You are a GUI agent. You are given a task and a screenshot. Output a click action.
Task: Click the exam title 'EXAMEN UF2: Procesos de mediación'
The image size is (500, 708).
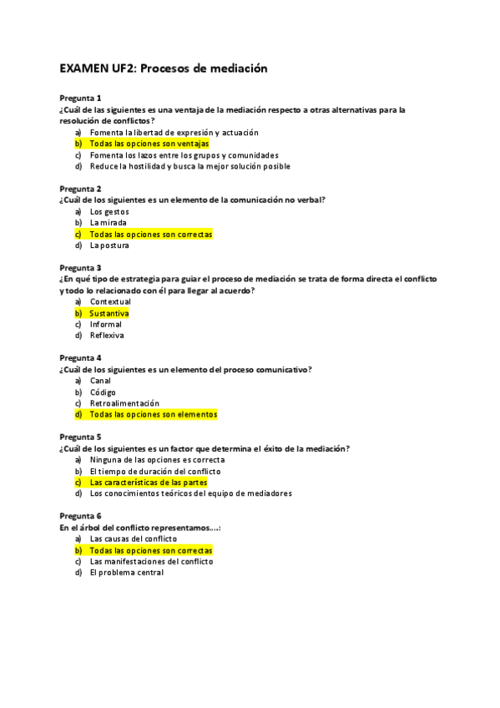(x=163, y=68)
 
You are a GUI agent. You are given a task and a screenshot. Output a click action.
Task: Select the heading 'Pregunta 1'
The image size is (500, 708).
(x=80, y=99)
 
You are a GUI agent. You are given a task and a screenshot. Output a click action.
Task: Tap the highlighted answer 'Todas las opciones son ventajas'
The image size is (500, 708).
(x=149, y=144)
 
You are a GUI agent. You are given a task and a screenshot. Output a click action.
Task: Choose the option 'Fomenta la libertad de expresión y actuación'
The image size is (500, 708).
(x=174, y=132)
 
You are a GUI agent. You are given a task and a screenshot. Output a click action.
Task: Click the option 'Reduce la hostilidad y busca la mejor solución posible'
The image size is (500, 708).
(x=189, y=166)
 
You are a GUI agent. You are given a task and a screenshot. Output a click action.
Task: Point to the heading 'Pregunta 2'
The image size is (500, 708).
(x=80, y=189)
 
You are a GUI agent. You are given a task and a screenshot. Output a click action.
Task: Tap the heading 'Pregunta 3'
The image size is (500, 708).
(x=80, y=268)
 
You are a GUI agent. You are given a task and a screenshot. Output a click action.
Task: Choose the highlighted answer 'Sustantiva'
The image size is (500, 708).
(x=109, y=313)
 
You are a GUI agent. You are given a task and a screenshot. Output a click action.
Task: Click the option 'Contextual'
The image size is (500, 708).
(x=110, y=301)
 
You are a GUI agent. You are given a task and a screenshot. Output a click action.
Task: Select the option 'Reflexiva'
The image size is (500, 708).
(x=107, y=336)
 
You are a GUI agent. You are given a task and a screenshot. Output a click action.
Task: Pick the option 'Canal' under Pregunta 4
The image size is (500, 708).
(x=100, y=381)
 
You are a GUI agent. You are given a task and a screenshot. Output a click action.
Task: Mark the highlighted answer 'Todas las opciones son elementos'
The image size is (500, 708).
(x=153, y=414)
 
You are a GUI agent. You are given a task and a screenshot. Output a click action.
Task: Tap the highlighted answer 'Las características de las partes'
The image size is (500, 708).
(x=149, y=482)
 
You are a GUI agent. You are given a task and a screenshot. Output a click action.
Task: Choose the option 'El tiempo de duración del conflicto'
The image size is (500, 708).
(x=155, y=471)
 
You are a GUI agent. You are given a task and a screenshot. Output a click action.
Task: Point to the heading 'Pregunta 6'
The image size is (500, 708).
(x=80, y=516)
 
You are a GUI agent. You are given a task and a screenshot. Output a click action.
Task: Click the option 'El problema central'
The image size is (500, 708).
(x=126, y=573)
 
